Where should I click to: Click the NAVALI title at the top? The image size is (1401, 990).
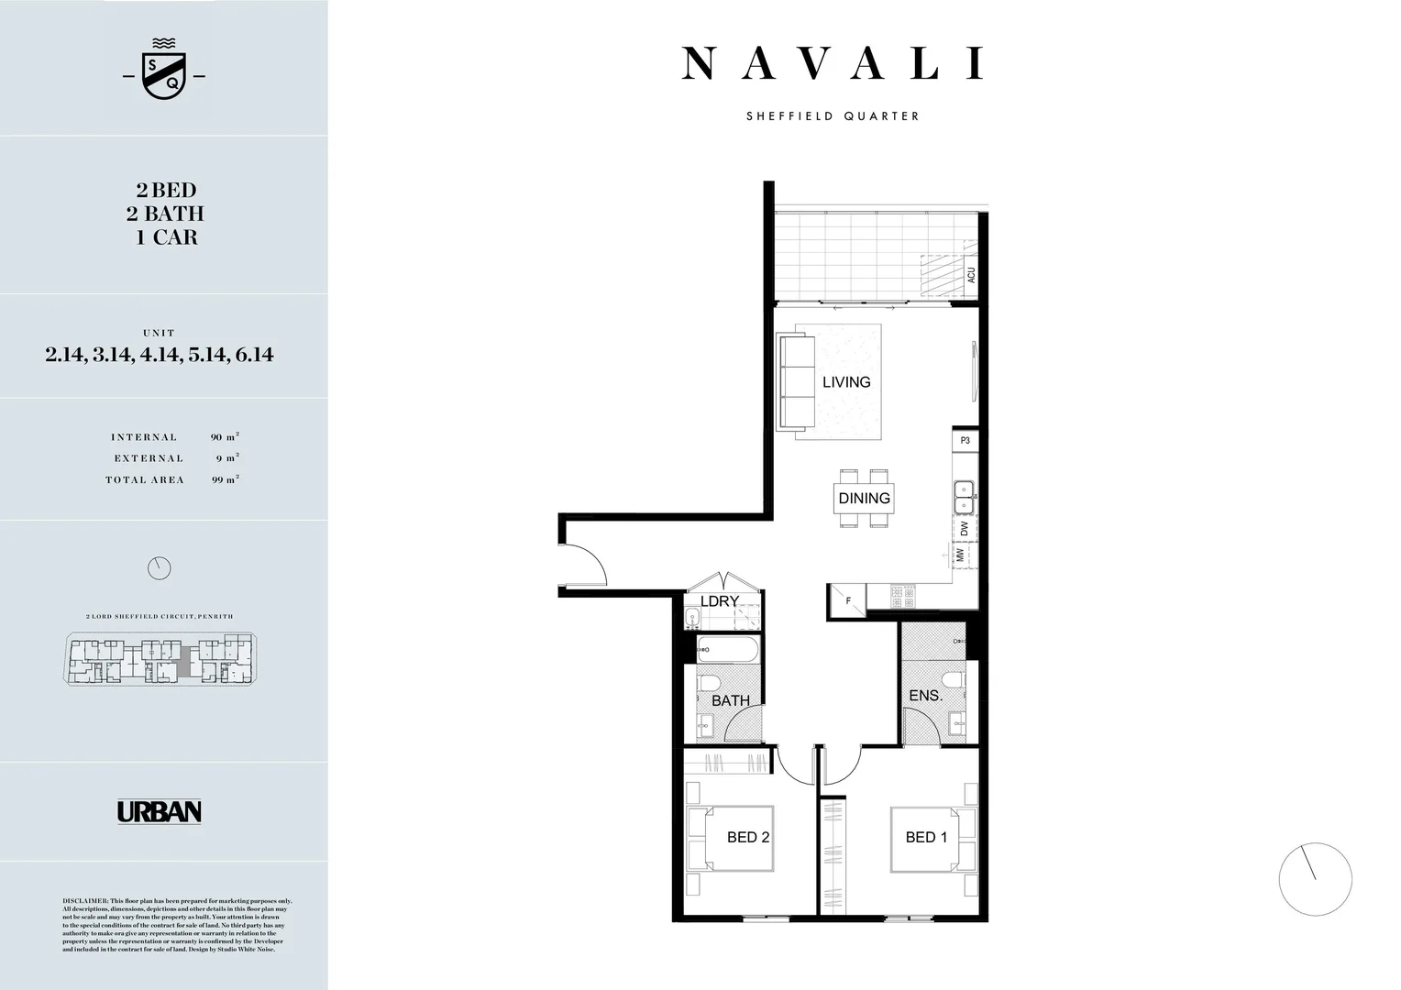833,64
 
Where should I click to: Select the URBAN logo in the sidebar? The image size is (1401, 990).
160,811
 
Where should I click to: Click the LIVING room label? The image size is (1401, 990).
845,382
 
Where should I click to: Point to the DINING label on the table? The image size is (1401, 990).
864,499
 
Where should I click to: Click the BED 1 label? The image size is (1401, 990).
926,837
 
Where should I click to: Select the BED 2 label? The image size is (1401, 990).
747,837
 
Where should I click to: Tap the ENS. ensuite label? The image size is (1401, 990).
925,696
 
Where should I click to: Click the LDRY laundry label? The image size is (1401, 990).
720,601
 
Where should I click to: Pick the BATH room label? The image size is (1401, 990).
731,700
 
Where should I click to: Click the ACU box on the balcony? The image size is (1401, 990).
971,275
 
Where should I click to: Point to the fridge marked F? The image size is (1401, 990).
847,601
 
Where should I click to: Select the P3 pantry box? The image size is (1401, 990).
965,441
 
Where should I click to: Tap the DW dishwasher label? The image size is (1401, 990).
965,529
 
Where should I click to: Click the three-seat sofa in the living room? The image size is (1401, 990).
796,382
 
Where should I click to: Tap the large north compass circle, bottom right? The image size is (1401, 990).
1315,879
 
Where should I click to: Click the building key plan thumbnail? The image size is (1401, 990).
160,660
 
